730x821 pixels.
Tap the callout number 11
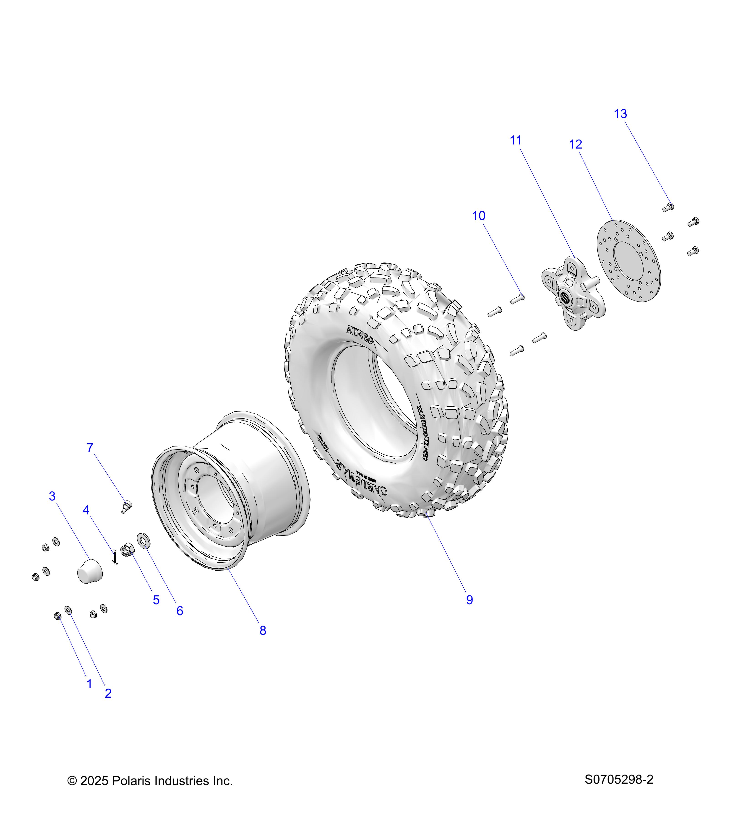click(x=516, y=140)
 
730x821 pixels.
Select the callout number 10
click(x=479, y=216)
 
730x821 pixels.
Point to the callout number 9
click(x=469, y=600)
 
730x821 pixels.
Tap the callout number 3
click(x=52, y=496)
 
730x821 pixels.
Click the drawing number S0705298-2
click(x=619, y=780)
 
